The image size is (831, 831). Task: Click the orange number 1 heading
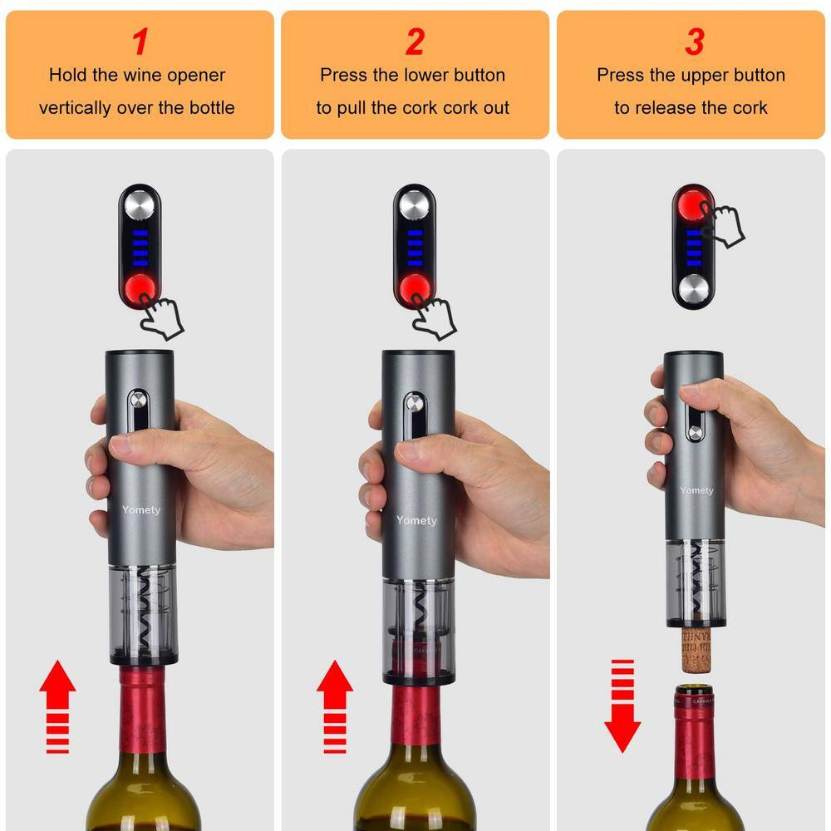coord(140,41)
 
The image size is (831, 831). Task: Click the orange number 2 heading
coord(414,41)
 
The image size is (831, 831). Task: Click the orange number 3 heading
coord(694,41)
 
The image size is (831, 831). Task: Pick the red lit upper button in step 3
coord(693,204)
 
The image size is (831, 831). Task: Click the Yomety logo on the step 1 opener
coord(140,509)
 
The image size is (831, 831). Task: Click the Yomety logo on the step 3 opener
coord(696,490)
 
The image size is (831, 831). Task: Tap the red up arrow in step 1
coord(57,706)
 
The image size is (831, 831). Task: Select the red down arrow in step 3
coord(622,706)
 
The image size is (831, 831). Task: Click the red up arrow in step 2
coord(334,706)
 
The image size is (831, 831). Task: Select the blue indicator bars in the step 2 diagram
coord(415,247)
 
